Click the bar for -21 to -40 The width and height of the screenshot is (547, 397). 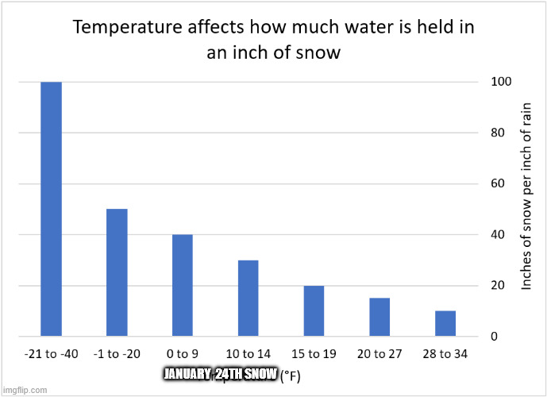[52, 209]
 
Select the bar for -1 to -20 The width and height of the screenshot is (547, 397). [117, 272]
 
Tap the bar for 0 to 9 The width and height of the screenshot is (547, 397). [182, 285]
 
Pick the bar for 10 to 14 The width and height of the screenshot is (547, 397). [248, 298]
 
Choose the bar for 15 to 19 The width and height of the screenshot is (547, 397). [314, 310]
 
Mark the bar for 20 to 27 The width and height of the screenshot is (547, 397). [379, 317]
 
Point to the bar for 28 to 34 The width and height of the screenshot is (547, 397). [445, 323]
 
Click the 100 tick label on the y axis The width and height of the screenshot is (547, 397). [500, 82]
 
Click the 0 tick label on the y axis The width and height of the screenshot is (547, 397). [495, 337]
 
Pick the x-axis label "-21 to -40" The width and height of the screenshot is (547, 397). [52, 353]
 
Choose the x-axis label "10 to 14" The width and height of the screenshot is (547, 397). [248, 353]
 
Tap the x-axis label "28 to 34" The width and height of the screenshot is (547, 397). [445, 353]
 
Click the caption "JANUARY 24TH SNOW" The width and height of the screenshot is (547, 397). [219, 374]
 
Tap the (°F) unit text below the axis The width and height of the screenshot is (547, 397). [289, 375]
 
